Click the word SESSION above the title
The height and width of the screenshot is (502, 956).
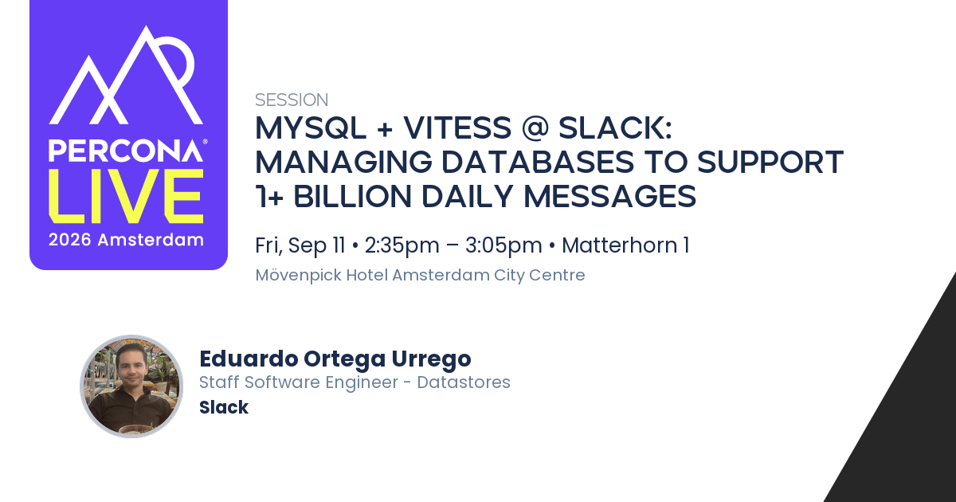coord(292,100)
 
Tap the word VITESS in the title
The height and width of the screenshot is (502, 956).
coord(457,127)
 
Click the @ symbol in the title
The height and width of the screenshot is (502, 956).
coord(535,127)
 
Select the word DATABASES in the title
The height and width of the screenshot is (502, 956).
coord(537,163)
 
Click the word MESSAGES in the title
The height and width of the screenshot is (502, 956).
coord(610,196)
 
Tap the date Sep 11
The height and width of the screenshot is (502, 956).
coord(316,245)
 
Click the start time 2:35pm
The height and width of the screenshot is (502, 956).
coord(402,245)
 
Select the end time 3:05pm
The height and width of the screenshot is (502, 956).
coord(503,245)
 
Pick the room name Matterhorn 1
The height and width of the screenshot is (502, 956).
coord(625,245)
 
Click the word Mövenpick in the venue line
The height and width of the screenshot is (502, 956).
coord(298,276)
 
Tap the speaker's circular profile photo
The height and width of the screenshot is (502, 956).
coord(131,386)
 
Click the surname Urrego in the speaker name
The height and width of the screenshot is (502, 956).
coord(432,359)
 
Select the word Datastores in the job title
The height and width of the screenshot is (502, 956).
coord(464,382)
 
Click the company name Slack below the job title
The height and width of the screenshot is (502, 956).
coord(224,407)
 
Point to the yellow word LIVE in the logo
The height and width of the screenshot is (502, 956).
coord(126,196)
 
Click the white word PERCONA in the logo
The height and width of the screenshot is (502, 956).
coord(126,151)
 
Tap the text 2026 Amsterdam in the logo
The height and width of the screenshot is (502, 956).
coord(126,240)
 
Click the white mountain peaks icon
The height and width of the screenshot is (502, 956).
coord(126,76)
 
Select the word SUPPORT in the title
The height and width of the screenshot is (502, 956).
coord(770,163)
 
